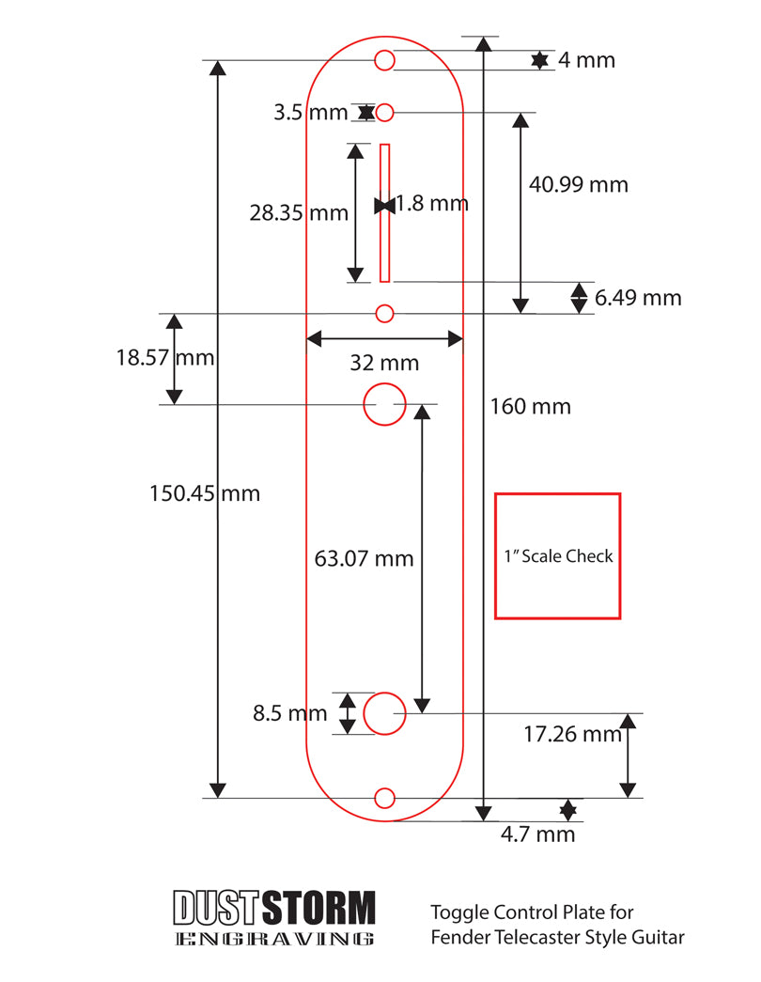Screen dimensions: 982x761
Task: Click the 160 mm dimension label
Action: [x=530, y=407]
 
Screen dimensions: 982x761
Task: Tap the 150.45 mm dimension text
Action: [x=205, y=492]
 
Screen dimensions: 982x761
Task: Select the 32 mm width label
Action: [x=384, y=363]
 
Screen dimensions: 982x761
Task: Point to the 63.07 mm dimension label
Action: [x=364, y=558]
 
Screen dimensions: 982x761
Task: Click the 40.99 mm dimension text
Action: [x=578, y=184]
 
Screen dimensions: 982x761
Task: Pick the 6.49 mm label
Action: [x=638, y=298]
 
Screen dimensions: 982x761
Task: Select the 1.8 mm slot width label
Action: [x=431, y=203]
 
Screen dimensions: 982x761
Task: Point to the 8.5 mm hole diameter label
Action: [x=289, y=713]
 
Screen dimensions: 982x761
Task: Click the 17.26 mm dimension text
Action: [x=572, y=734]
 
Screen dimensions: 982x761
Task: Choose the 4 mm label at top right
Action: [x=586, y=60]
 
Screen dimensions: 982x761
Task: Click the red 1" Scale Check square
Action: [x=557, y=555]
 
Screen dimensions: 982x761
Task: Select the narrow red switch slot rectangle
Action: [x=384, y=212]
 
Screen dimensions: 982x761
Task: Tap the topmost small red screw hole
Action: [x=384, y=60]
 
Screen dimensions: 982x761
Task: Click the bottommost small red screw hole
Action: [x=384, y=798]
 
